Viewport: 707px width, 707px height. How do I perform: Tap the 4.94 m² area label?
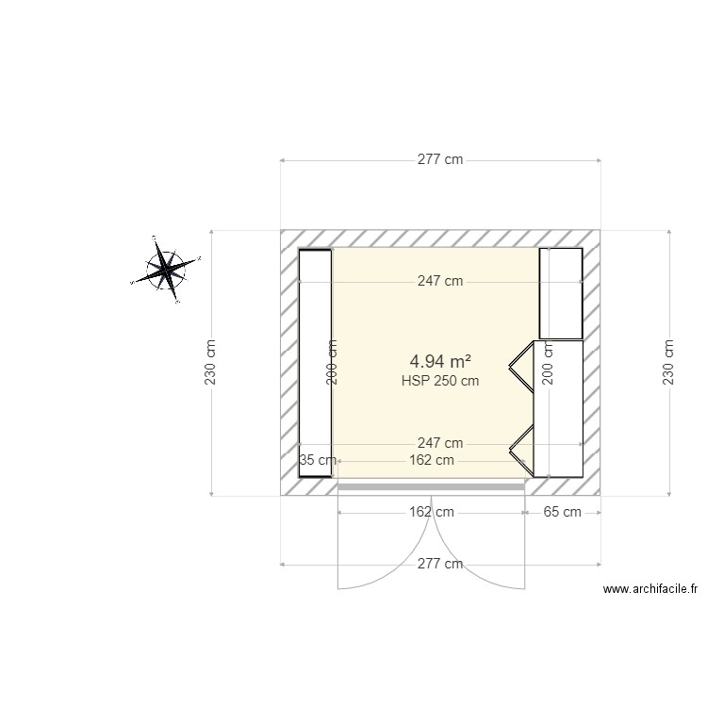coord(440,361)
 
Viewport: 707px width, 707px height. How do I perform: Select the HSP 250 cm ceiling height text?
coord(440,381)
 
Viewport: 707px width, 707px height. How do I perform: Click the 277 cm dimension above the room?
coord(440,160)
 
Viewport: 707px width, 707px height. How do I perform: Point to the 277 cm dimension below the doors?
coord(440,564)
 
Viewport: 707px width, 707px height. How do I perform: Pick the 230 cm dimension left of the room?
coord(211,362)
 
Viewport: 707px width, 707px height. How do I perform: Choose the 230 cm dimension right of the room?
coord(669,362)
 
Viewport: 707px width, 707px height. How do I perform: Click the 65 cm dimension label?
coord(563,512)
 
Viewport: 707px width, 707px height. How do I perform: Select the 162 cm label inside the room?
coord(432,460)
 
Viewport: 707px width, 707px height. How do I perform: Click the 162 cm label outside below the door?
coord(432,512)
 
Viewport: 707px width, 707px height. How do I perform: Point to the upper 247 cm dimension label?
coord(440,281)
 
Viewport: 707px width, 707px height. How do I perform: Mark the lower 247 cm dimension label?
coord(440,443)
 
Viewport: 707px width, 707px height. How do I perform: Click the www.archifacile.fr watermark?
coord(650,589)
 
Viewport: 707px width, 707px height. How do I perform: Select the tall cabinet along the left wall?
coord(315,363)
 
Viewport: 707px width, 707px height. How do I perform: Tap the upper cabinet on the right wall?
coord(561,293)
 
